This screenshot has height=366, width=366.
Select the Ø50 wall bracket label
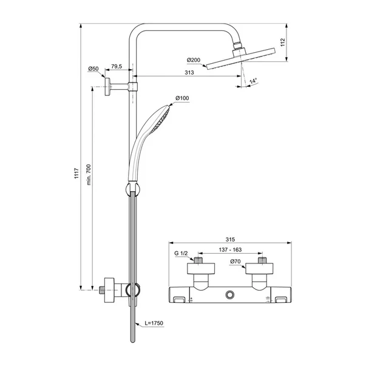coord(93,69)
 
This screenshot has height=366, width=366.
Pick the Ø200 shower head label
coord(193,59)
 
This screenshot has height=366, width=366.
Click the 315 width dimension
coord(229,239)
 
